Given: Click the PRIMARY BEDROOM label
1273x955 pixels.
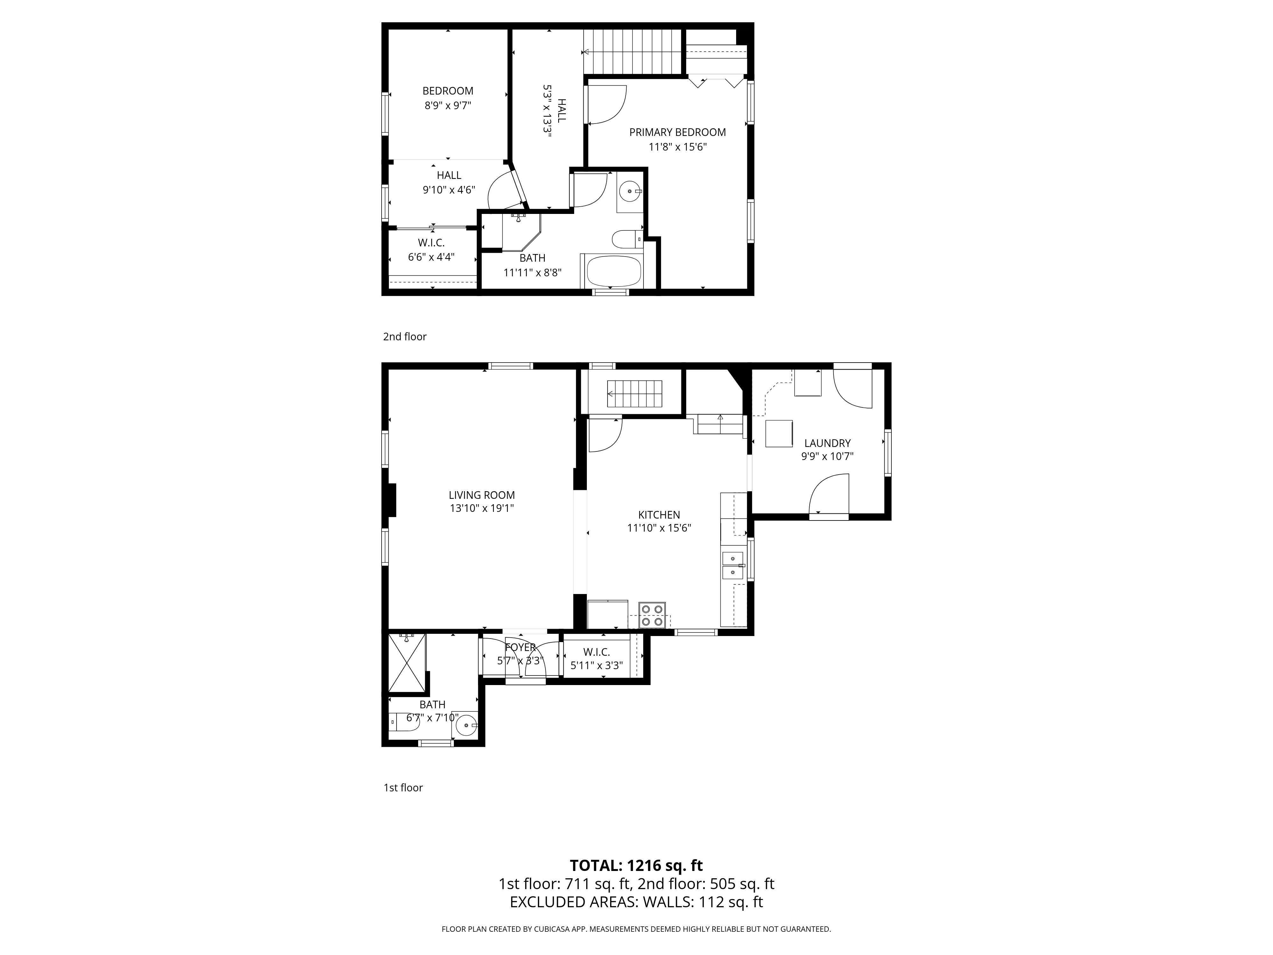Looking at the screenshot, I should click(x=677, y=132).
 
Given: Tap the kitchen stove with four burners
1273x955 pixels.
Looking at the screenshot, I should click(x=653, y=615).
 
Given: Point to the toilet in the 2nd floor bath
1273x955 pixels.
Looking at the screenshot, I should click(x=626, y=238).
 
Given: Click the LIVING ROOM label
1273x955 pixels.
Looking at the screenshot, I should click(x=482, y=495).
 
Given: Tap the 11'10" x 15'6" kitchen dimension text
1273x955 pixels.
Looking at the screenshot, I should click(x=659, y=528).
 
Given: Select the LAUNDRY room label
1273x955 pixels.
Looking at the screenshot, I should click(x=827, y=443).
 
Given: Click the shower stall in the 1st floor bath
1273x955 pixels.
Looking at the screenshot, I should click(x=407, y=662).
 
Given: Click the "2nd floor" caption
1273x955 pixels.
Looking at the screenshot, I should click(x=404, y=337).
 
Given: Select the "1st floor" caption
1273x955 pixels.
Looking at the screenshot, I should click(x=403, y=788).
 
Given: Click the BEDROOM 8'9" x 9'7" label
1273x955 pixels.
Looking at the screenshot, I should click(x=448, y=98).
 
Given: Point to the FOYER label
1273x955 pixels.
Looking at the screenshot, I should click(x=520, y=647).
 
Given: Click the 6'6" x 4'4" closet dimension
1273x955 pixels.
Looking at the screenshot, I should click(x=431, y=257).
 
